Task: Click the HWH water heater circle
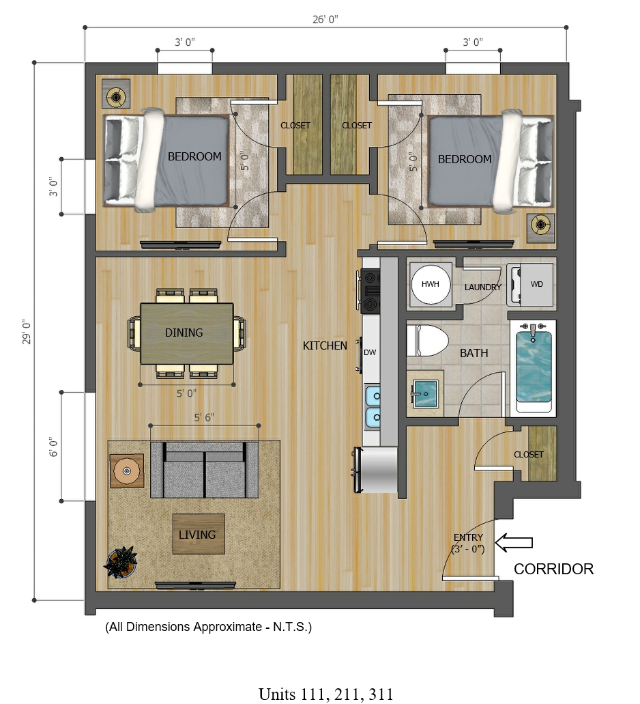pyautogui.click(x=430, y=284)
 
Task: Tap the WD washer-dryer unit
pyautogui.click(x=530, y=285)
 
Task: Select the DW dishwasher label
pyautogui.click(x=370, y=352)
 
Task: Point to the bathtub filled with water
pyautogui.click(x=534, y=367)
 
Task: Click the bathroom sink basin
pyautogui.click(x=425, y=394)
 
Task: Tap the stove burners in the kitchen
pyautogui.click(x=370, y=290)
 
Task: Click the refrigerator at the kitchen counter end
pyautogui.click(x=376, y=469)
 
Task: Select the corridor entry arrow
pyautogui.click(x=514, y=542)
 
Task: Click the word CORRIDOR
pyautogui.click(x=553, y=569)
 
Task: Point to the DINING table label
pyautogui.click(x=184, y=333)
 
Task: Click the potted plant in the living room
pyautogui.click(x=121, y=562)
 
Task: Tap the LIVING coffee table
pyautogui.click(x=199, y=534)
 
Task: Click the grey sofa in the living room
pyautogui.click(x=205, y=470)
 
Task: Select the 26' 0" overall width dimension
pyautogui.click(x=325, y=20)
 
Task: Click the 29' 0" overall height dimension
pyautogui.click(x=27, y=332)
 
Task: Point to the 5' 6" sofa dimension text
pyautogui.click(x=204, y=417)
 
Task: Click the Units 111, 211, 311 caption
pyautogui.click(x=326, y=694)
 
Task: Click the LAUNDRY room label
pyautogui.click(x=483, y=287)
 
